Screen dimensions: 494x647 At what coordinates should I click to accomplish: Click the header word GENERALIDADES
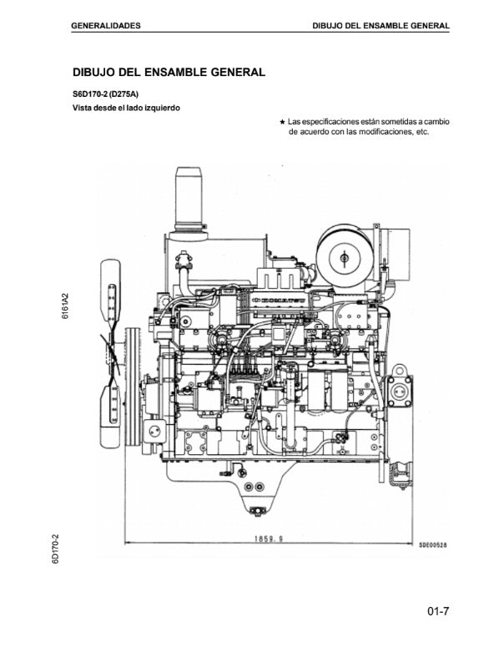106,26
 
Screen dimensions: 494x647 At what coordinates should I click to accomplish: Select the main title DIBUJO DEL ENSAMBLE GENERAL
169,72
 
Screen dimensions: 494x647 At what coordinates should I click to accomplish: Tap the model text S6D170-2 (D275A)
106,94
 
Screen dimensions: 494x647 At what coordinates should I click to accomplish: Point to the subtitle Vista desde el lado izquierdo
126,108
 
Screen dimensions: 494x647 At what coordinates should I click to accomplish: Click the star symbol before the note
282,122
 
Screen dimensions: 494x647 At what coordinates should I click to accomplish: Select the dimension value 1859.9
269,538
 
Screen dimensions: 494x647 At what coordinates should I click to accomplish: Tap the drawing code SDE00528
433,545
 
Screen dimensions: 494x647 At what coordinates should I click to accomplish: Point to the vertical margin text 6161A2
65,306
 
